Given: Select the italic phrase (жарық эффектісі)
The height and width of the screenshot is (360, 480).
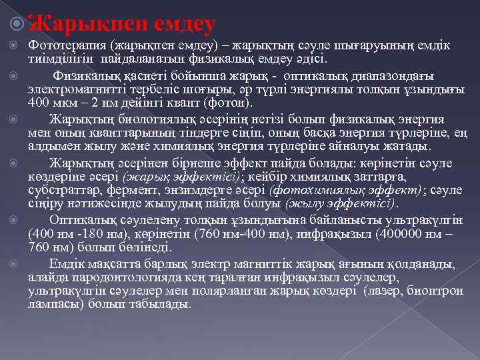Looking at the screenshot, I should coord(181,176).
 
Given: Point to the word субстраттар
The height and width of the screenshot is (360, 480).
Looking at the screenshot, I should coord(57,190).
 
